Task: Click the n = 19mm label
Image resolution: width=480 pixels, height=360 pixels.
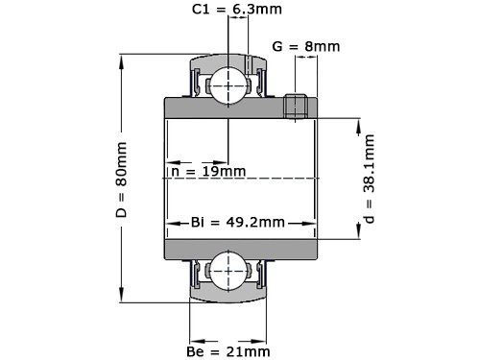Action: click(207, 171)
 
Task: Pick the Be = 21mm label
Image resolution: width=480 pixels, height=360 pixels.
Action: click(229, 351)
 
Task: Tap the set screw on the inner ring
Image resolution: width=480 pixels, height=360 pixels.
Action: click(297, 105)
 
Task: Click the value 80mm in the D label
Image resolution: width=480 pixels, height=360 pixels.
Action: click(122, 162)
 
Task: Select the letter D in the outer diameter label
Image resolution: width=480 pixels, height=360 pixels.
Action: click(122, 211)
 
